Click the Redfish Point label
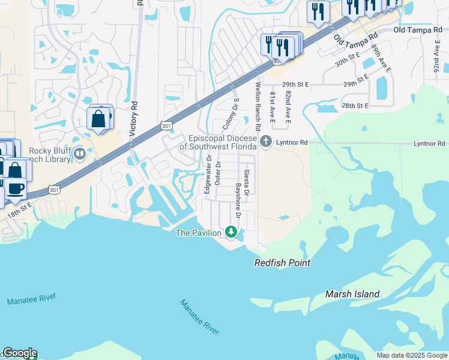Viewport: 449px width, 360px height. click(x=282, y=263)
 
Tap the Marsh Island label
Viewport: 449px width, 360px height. click(x=352, y=294)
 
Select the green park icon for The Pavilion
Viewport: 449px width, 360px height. click(x=231, y=232)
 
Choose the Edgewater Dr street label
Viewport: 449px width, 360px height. click(x=208, y=174)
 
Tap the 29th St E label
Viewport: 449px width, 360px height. click(x=295, y=85)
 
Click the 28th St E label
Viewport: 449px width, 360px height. click(x=354, y=106)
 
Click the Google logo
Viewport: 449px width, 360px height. click(x=19, y=353)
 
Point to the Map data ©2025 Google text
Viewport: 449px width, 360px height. click(x=412, y=355)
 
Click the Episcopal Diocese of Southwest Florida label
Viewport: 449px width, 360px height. click(x=218, y=142)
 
